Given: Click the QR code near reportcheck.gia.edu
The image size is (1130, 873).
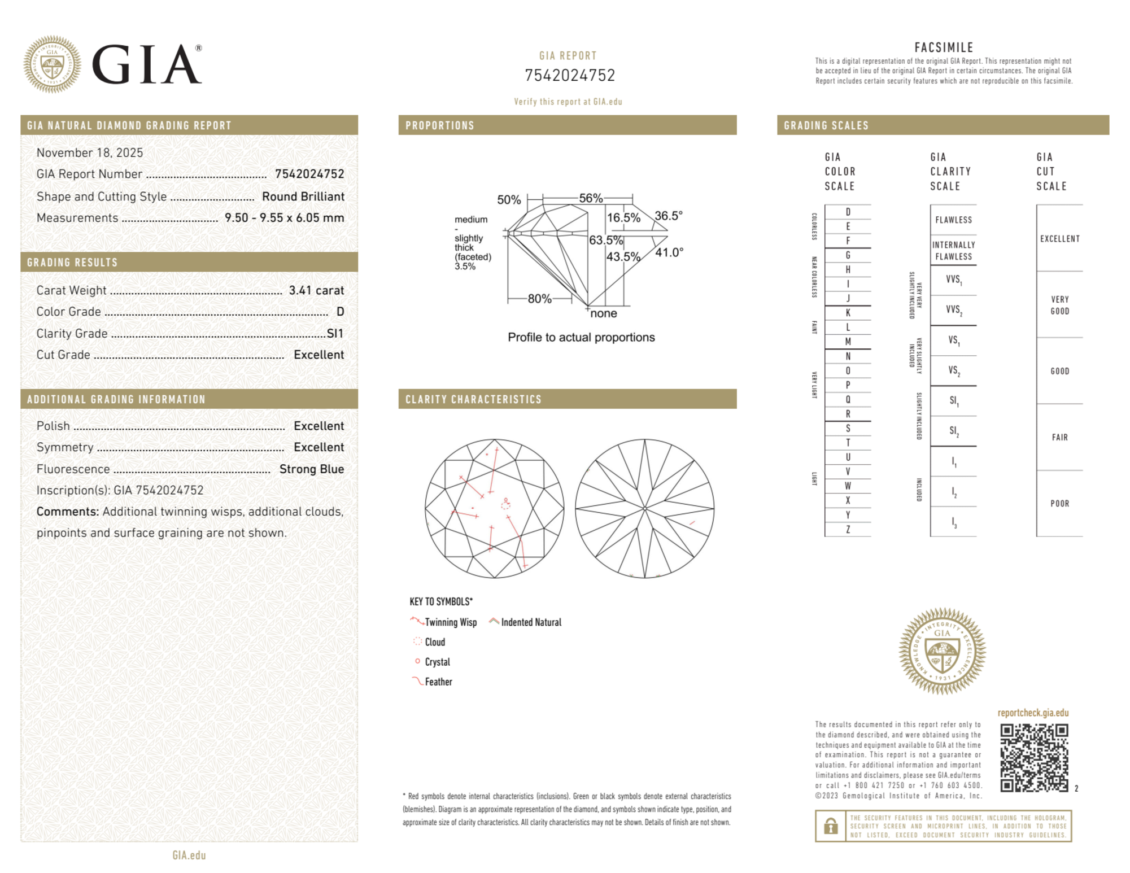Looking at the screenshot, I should tap(1033, 757).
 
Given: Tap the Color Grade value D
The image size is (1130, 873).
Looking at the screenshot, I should tap(340, 312).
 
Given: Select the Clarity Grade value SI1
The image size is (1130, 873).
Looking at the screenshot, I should tap(335, 333).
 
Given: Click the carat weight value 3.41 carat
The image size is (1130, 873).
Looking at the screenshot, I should tap(316, 290).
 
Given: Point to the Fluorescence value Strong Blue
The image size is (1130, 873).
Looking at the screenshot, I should tap(311, 469).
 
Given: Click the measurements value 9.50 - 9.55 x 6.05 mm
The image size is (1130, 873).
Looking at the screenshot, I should tap(284, 218).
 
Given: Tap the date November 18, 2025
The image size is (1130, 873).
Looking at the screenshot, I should tap(90, 152).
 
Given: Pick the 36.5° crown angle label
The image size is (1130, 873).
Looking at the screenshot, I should tap(668, 216).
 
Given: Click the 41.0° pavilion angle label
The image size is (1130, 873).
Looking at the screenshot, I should tap(669, 252).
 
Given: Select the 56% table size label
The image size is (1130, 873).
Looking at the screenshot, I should tap(591, 198).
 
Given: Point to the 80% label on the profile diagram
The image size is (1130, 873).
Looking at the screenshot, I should tap(539, 299).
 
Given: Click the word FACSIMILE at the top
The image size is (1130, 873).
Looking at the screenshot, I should tap(944, 47).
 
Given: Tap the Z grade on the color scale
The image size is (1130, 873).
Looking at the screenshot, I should tap(848, 529).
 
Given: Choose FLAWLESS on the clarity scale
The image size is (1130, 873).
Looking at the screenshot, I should tap(953, 220).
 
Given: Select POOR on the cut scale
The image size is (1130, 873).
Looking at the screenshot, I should tap(1059, 503).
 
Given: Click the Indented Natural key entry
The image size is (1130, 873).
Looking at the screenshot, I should tap(531, 622).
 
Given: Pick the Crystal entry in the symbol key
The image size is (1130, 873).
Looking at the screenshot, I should tap(437, 662).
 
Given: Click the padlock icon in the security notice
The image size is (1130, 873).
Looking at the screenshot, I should tap(830, 826).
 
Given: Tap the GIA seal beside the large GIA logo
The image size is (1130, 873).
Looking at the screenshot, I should tap(52, 64).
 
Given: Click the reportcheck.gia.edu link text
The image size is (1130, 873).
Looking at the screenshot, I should tap(1033, 713).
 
